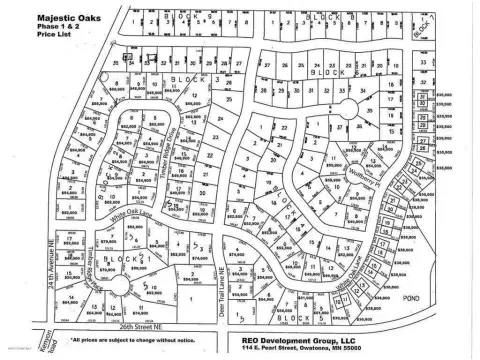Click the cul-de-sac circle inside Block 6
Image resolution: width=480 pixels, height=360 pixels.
351,109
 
